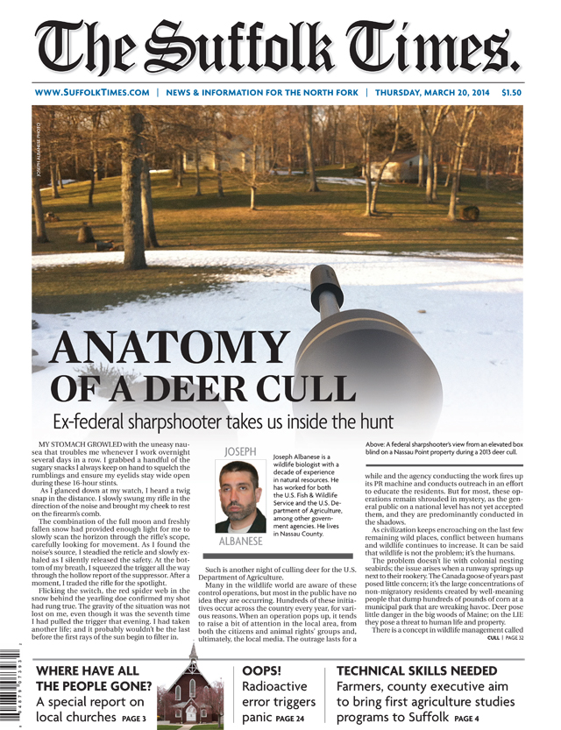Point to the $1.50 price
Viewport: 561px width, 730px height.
click(x=512, y=92)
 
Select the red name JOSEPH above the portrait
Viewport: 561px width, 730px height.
click(x=240, y=451)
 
